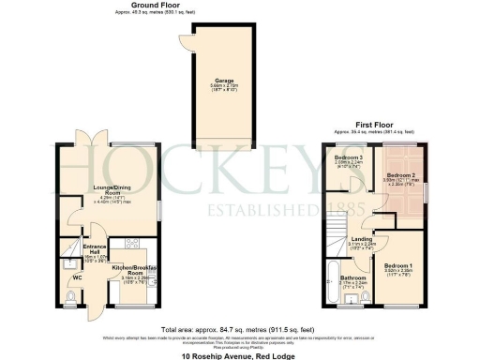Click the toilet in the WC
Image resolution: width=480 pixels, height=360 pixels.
73,298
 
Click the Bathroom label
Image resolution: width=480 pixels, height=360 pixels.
352,277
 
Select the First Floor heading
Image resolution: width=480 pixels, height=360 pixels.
372,125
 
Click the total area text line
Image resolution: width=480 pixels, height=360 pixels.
239,330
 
